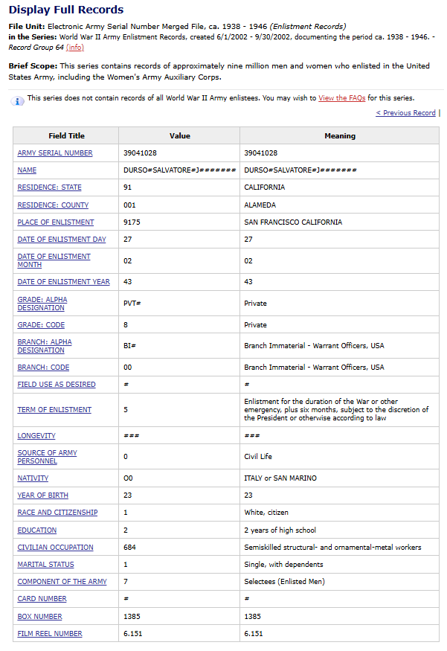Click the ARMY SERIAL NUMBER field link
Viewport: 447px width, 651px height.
tap(55, 153)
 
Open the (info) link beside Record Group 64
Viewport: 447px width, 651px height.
tap(74, 48)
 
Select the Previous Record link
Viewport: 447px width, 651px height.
tap(405, 113)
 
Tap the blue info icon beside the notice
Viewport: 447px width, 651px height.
tap(18, 100)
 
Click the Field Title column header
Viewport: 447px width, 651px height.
tap(67, 136)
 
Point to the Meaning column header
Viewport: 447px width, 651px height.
tap(340, 136)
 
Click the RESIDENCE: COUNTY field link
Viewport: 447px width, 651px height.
tap(53, 205)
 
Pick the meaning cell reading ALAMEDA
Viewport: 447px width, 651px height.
tap(260, 205)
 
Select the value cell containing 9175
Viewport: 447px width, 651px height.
tap(132, 222)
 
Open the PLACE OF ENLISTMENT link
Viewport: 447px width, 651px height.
tap(56, 222)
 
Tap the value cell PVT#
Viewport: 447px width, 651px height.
tap(132, 304)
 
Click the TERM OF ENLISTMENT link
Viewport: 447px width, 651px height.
tap(54, 410)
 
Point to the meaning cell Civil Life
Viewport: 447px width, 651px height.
tap(257, 457)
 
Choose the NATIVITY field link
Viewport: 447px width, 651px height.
tap(33, 478)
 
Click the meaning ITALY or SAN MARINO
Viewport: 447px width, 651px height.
tap(280, 478)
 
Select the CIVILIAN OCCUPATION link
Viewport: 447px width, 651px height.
tap(56, 548)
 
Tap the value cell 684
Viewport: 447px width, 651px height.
tap(129, 548)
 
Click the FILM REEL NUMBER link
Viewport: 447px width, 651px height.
tap(50, 634)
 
